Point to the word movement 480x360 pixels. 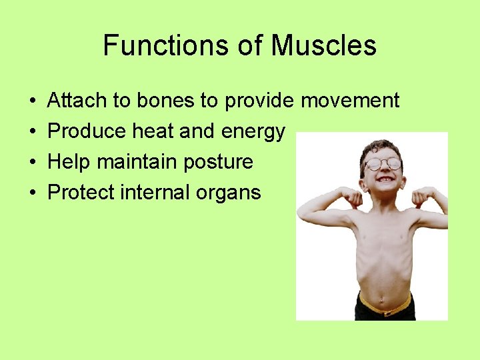coord(350,101)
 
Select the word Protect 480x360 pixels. coord(81,193)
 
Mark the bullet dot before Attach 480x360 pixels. coord(33,101)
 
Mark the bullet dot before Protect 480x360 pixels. coord(33,193)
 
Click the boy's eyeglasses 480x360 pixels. coord(383,163)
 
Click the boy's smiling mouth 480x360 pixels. coord(385,180)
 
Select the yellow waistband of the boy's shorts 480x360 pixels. coord(385,307)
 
